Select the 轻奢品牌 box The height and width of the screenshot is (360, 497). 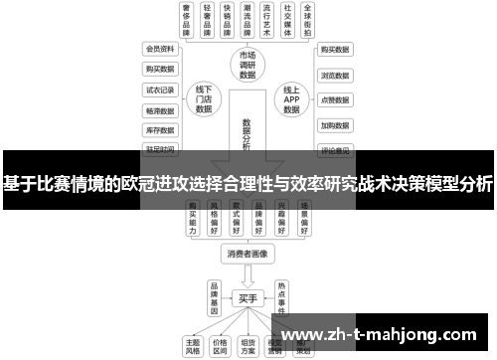[210, 20]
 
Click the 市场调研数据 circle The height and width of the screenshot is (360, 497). [248, 65]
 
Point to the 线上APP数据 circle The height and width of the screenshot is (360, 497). [292, 99]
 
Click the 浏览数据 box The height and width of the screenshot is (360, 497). [334, 75]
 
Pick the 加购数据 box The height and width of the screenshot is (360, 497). [334, 126]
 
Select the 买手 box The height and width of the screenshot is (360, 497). [248, 298]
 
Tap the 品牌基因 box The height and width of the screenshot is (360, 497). [213, 295]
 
